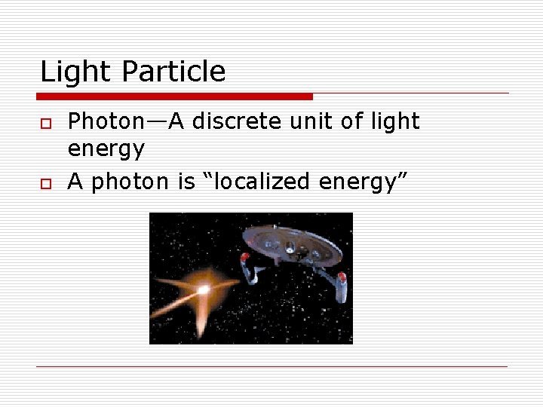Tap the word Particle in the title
(173, 72)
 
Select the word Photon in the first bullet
(104, 121)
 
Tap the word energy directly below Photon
(106, 149)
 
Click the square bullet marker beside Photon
(45, 122)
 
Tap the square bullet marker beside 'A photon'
(45, 182)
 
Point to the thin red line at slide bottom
(271, 367)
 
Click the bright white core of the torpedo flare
(203, 289)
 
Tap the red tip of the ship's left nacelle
(244, 258)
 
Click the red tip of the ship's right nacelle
(342, 277)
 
